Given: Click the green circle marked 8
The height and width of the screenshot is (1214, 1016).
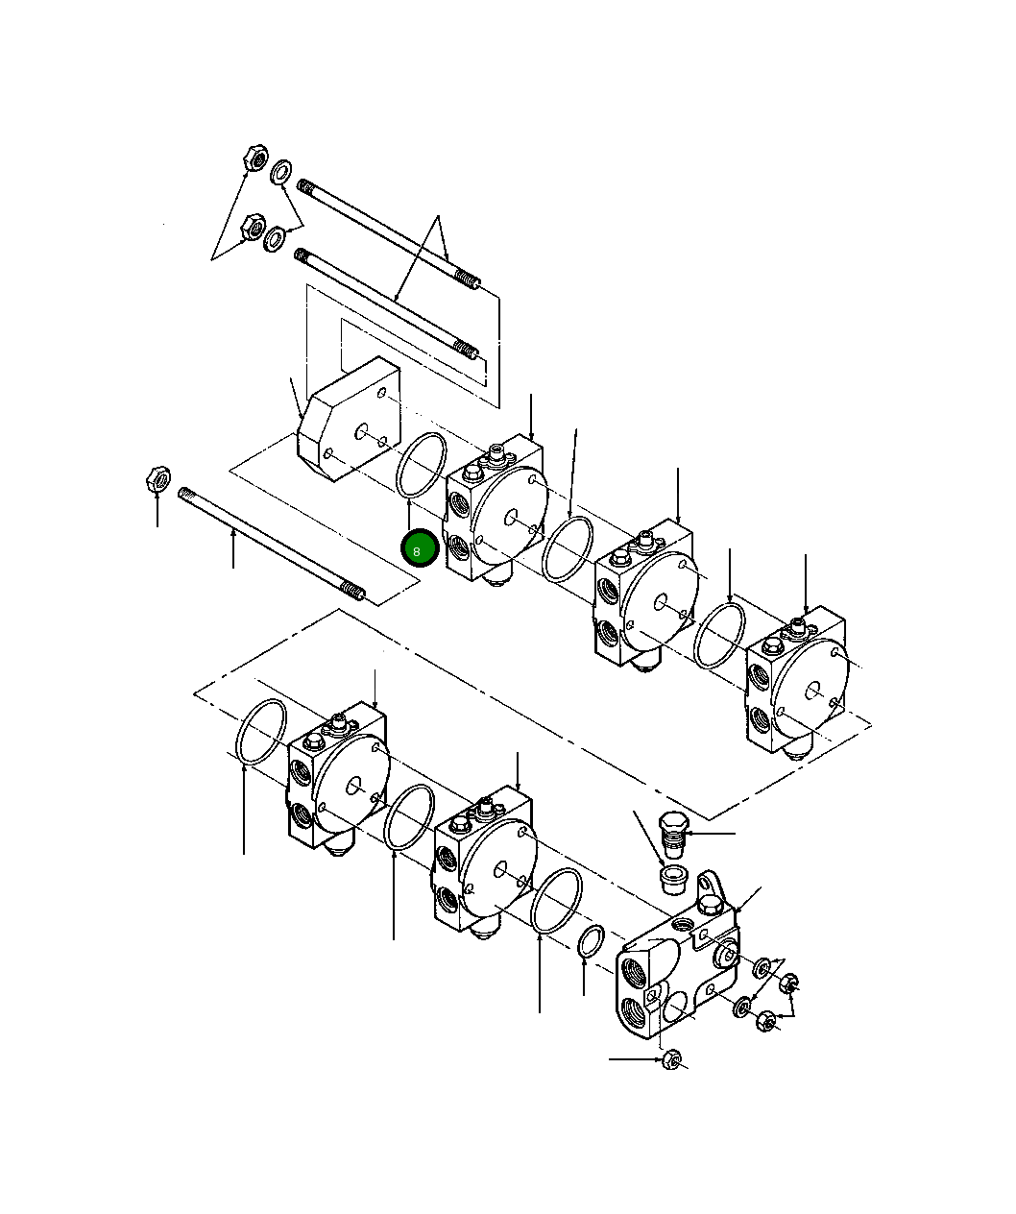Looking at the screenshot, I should pos(420,549).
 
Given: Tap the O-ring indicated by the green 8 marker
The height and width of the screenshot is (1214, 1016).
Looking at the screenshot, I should pos(421,466).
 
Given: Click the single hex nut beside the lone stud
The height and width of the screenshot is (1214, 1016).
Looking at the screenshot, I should pos(158,478).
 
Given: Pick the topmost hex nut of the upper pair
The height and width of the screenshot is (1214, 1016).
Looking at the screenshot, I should pos(254,158).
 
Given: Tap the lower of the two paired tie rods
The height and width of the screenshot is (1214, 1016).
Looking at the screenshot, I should pos(384,302).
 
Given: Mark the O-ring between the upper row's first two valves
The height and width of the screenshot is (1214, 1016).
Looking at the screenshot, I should pos(568,548).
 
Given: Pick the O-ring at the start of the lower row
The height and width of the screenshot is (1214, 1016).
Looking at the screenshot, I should pos(260,734).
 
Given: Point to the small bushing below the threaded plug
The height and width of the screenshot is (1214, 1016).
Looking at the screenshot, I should pos(673,878).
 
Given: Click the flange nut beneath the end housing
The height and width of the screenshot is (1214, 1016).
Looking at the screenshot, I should pos(673,1060).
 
